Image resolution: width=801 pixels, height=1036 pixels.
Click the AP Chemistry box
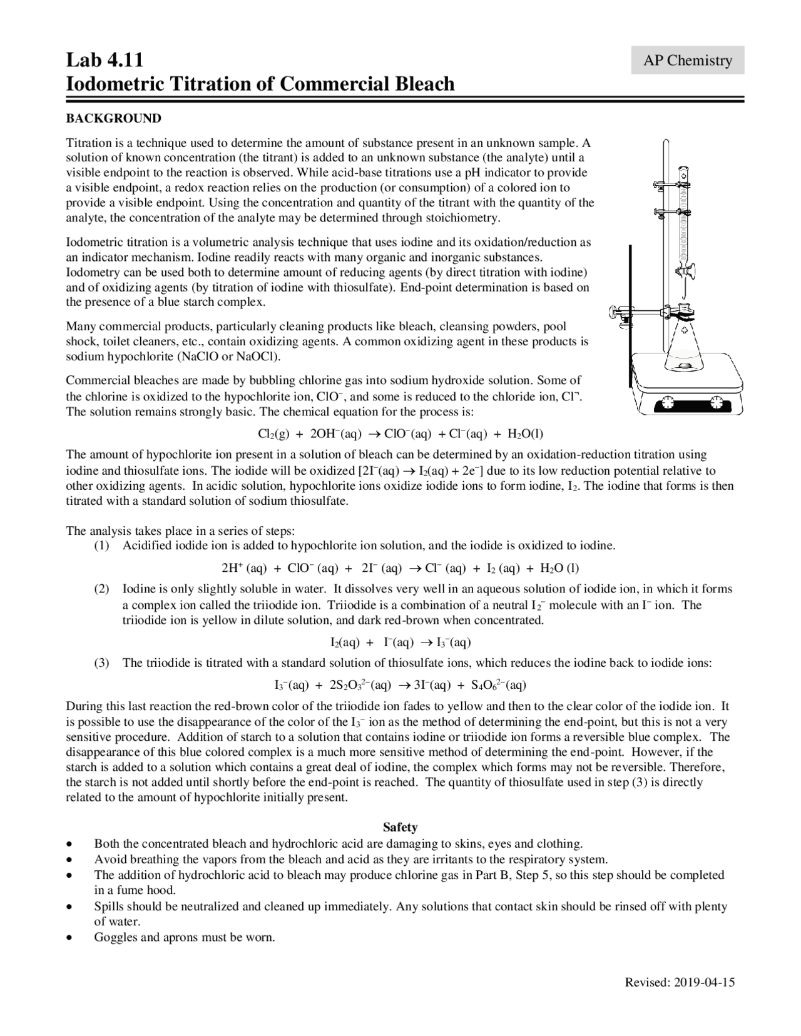687,60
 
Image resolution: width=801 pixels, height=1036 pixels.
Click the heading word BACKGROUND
113,118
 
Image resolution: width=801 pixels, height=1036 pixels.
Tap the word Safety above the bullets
400,827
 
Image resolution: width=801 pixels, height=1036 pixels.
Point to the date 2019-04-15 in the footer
705,982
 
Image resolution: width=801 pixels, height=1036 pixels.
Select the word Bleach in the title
424,83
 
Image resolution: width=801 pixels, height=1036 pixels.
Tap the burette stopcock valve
685,272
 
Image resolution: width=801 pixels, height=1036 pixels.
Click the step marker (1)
101,546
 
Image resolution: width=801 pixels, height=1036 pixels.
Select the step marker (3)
101,663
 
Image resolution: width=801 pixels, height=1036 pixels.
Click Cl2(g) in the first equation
272,434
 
